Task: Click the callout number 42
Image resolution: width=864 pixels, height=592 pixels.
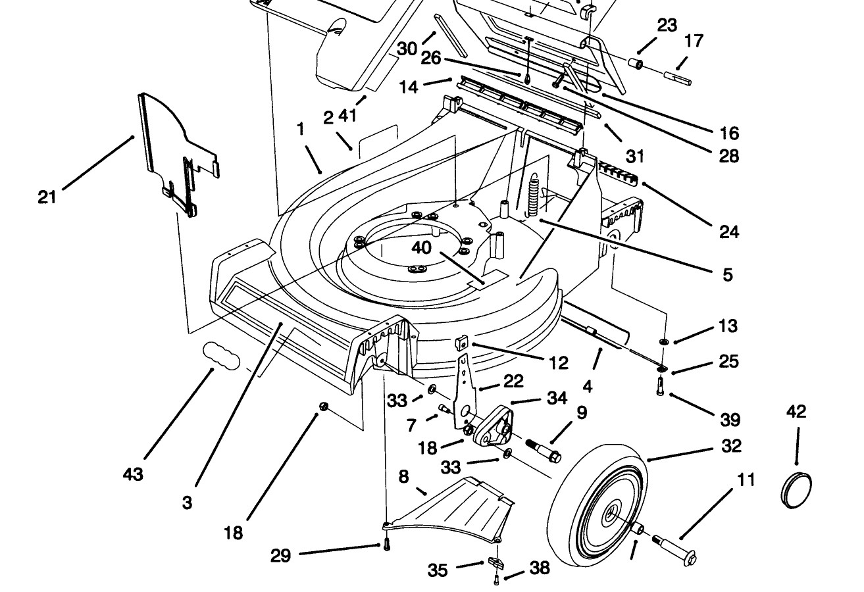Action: pyautogui.click(x=796, y=412)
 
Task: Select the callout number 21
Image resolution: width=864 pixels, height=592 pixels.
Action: pyautogui.click(x=47, y=197)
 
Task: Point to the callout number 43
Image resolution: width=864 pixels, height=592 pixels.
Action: pyautogui.click(x=133, y=474)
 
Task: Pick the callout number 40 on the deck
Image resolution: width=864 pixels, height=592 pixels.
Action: pyautogui.click(x=421, y=247)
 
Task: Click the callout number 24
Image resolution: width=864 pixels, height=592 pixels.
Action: pyautogui.click(x=729, y=232)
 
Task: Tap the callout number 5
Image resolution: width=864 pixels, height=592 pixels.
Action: pyautogui.click(x=727, y=275)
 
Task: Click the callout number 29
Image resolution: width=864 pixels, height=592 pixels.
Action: pyautogui.click(x=280, y=556)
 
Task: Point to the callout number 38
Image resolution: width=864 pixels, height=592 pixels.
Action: pyautogui.click(x=540, y=568)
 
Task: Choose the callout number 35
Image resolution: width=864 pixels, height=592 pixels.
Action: pyautogui.click(x=438, y=570)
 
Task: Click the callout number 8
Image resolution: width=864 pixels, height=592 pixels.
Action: pyautogui.click(x=403, y=477)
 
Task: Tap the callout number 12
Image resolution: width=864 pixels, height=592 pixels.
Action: pyautogui.click(x=559, y=363)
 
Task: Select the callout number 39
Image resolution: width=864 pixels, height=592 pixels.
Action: pyautogui.click(x=730, y=420)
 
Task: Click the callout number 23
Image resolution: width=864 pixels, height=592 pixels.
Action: pyautogui.click(x=667, y=25)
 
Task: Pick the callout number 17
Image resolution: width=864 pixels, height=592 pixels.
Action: pyautogui.click(x=694, y=41)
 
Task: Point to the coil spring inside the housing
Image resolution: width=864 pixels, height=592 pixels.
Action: pyautogui.click(x=532, y=195)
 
